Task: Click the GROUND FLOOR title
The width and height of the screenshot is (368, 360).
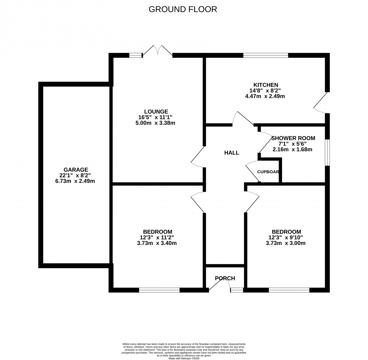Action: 183,9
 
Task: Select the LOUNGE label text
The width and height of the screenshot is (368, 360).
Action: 156,111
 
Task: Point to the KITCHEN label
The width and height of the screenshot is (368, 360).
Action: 265,85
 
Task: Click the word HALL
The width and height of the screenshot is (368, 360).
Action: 232,153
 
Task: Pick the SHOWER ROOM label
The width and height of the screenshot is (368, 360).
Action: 293,138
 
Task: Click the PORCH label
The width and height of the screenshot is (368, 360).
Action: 225,278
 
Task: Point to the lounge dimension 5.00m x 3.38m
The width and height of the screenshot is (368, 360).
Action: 156,123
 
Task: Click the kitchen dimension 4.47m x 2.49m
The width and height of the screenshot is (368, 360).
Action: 265,96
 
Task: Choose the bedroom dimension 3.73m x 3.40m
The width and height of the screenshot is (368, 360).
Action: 157,243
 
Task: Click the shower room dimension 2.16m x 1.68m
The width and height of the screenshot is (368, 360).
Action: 293,149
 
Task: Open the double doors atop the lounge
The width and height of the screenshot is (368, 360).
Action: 158,51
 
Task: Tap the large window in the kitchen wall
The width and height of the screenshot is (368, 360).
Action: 265,55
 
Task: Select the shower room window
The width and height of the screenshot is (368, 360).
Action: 327,152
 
